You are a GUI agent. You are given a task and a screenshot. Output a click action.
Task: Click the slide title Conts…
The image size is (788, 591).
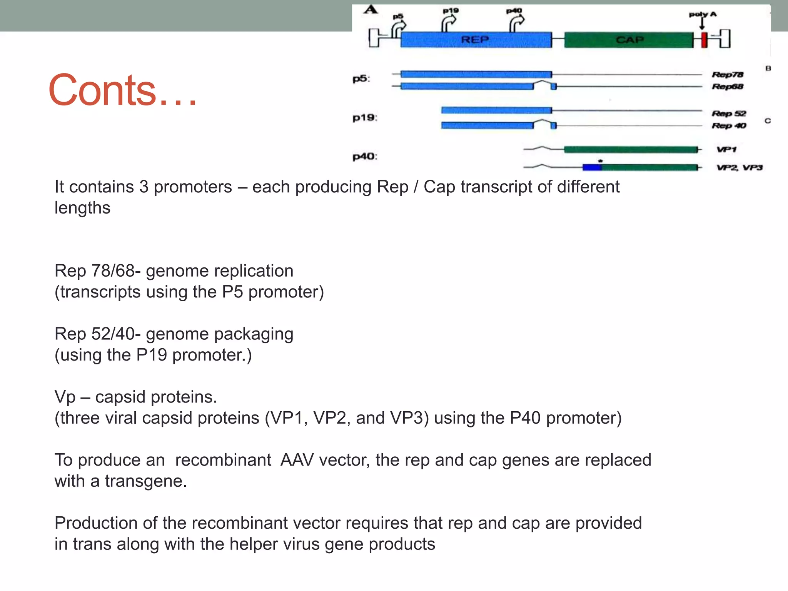point(122,91)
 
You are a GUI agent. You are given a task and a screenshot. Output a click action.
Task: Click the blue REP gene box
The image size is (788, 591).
point(476,40)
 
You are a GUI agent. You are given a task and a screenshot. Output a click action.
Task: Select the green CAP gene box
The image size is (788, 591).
point(629,40)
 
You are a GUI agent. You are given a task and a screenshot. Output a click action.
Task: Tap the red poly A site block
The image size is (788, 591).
point(704,40)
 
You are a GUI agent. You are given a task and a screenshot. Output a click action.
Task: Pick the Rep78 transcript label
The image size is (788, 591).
point(727,75)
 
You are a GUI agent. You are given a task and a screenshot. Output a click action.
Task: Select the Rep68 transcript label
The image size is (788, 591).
point(727,87)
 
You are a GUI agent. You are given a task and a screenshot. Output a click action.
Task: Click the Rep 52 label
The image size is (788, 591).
point(729,114)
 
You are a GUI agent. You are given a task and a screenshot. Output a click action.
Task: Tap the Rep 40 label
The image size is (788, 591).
point(729,126)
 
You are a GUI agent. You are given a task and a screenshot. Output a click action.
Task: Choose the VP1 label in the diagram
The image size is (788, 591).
point(726,149)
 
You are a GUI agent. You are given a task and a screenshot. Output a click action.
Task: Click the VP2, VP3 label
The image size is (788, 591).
point(739,167)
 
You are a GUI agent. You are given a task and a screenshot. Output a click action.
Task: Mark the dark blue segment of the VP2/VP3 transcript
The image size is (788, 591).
point(592,167)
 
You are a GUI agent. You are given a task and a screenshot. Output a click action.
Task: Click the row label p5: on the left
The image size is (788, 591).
point(361,79)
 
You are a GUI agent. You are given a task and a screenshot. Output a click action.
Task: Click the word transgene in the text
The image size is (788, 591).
point(145,481)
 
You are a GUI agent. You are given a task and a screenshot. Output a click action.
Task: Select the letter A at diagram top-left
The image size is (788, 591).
point(371,9)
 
